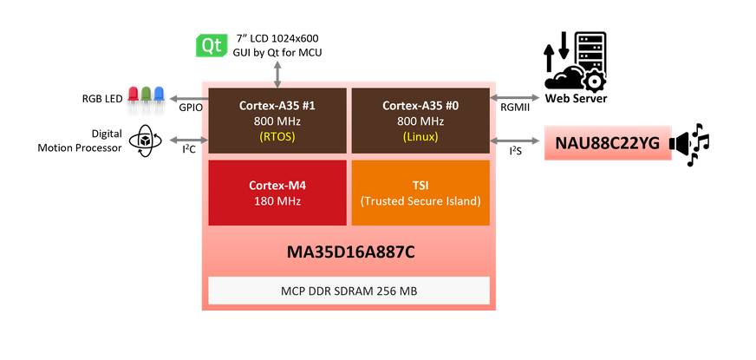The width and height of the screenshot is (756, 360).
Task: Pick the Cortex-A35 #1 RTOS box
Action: point(277,121)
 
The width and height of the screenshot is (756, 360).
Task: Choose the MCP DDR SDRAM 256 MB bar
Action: point(349,290)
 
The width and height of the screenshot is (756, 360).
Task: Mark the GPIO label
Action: point(190,108)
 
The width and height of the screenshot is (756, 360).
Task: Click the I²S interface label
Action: point(514,151)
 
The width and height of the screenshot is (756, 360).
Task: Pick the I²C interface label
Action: point(188,151)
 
